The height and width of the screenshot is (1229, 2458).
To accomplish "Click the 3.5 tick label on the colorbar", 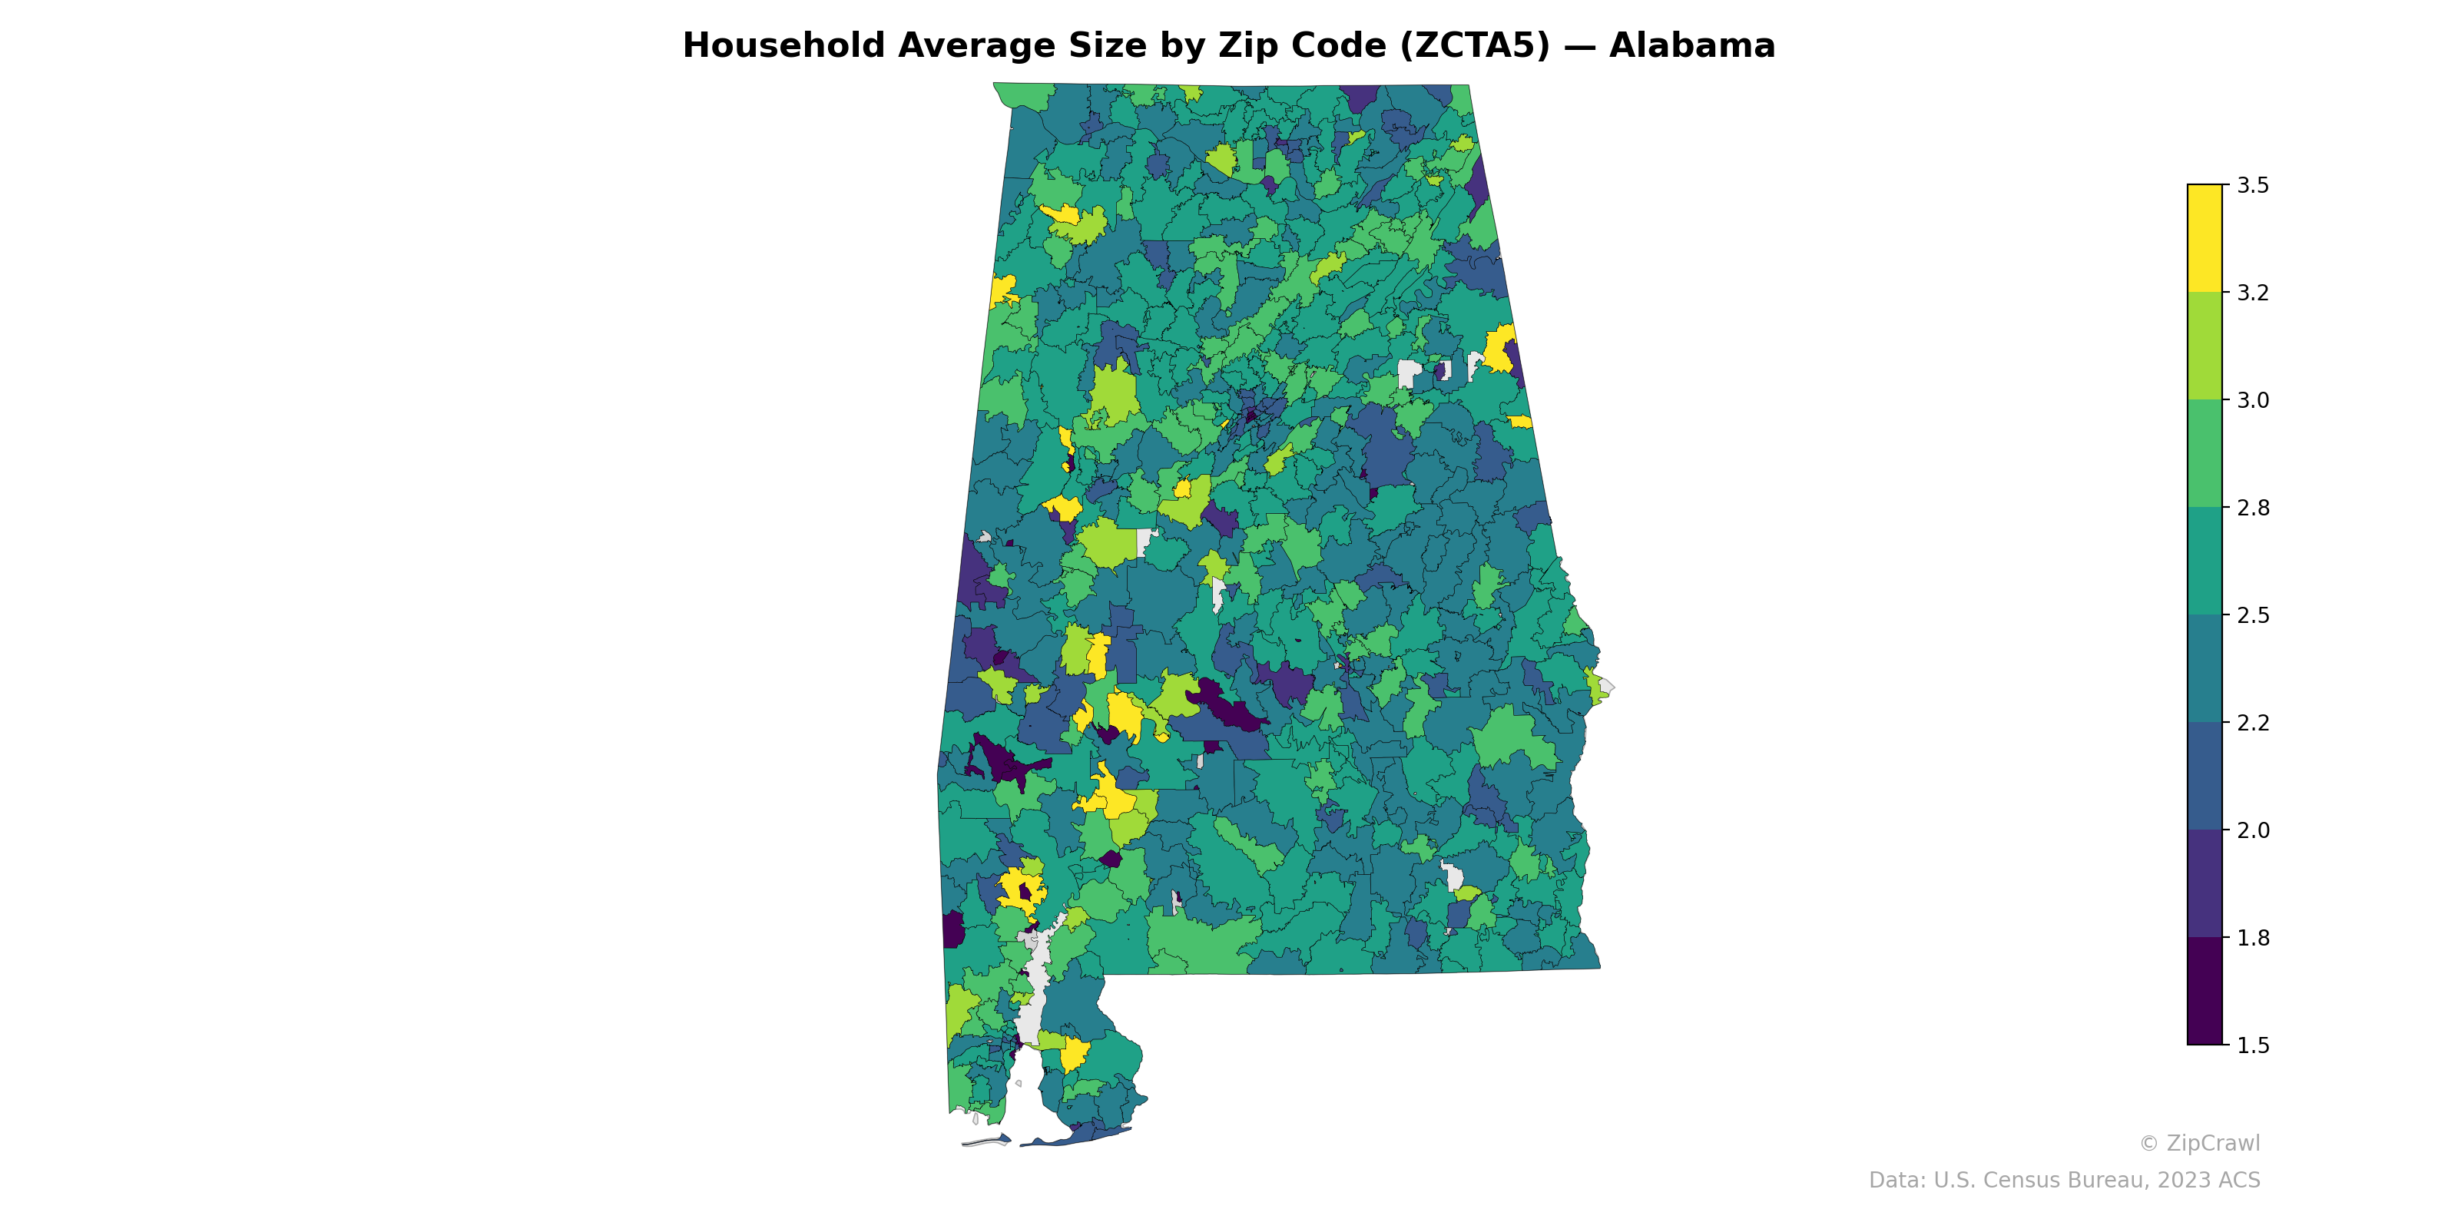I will point(2253,185).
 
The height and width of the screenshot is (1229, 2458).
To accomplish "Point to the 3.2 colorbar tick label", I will point(2253,293).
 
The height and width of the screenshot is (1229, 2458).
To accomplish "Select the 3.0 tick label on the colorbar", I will point(2253,401).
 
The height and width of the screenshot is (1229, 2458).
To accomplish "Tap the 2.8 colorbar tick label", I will point(2253,508).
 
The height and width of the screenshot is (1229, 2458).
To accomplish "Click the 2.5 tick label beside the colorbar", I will point(2253,615).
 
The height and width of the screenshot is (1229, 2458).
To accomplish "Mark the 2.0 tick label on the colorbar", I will point(2253,830).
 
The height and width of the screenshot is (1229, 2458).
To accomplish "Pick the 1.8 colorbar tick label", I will point(2253,938).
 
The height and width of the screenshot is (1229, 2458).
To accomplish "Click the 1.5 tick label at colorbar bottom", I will point(2253,1045).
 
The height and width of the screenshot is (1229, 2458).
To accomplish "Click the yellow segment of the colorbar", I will point(2205,239).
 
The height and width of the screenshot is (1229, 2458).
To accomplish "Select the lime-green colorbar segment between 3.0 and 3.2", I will point(2205,346).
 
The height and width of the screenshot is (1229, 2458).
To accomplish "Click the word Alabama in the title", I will point(1691,46).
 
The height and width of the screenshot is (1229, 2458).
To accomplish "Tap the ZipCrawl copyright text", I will point(2199,1143).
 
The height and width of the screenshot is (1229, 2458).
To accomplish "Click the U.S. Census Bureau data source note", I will point(2064,1181).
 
